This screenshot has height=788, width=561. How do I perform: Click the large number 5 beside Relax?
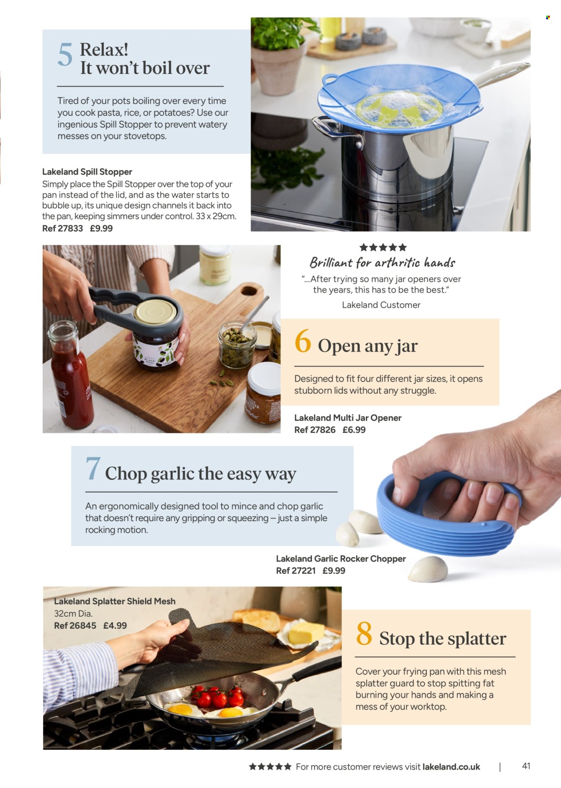click(x=65, y=55)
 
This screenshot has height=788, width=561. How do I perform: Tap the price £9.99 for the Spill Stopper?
click(x=101, y=228)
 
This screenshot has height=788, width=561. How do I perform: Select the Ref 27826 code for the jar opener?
click(x=315, y=430)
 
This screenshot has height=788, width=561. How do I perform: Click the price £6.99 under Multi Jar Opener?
click(x=354, y=430)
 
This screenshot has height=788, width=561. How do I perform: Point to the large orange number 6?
click(x=302, y=341)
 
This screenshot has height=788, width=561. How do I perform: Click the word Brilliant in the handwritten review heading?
click(x=330, y=262)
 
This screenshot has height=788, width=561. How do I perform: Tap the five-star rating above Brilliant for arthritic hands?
click(x=383, y=247)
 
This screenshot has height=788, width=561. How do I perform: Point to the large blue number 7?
click(x=93, y=469)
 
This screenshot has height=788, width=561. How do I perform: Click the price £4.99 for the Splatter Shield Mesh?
click(x=115, y=625)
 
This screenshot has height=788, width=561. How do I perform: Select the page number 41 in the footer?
click(x=526, y=766)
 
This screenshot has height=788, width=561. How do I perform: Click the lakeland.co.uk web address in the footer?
click(x=451, y=767)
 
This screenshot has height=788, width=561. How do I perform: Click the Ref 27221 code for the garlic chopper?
click(x=296, y=570)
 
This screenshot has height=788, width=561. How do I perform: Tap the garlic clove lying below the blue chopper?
click(x=428, y=569)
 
